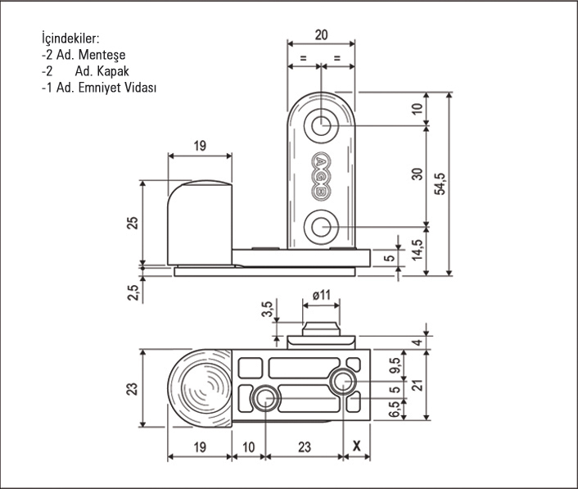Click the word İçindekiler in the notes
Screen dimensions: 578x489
pyautogui.click(x=70, y=38)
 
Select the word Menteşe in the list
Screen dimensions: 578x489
pyautogui.click(x=102, y=55)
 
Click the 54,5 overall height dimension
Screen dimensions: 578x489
pyautogui.click(x=440, y=184)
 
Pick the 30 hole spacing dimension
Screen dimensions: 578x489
pyautogui.click(x=417, y=174)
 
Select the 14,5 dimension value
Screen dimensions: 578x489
pyautogui.click(x=417, y=250)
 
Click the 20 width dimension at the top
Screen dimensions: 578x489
pyautogui.click(x=321, y=34)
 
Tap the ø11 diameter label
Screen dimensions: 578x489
pyautogui.click(x=322, y=295)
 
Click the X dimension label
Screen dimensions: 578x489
pyautogui.click(x=356, y=446)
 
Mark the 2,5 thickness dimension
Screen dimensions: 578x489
pyautogui.click(x=133, y=292)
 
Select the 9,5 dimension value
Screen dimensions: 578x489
pyautogui.click(x=395, y=366)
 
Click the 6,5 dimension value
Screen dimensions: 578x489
pyautogui.click(x=395, y=409)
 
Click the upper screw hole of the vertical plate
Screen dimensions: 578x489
pyautogui.click(x=321, y=126)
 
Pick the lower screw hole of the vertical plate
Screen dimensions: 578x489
pyautogui.click(x=321, y=227)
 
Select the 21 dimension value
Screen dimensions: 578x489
pyautogui.click(x=418, y=385)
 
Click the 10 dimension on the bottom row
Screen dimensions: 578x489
pyautogui.click(x=249, y=447)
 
